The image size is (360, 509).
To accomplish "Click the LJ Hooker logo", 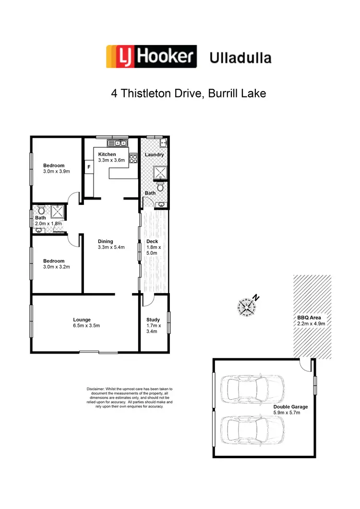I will click(x=151, y=57).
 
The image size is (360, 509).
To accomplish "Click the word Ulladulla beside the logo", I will click(x=240, y=59).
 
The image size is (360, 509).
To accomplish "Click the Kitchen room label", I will click(x=107, y=154).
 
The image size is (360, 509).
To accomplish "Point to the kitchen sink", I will click(x=118, y=142).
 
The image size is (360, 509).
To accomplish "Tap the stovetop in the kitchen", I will click(x=133, y=158).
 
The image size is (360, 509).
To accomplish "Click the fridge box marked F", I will click(x=88, y=167).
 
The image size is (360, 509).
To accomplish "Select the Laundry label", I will click(x=154, y=154).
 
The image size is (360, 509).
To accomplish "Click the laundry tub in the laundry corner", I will click(x=163, y=143).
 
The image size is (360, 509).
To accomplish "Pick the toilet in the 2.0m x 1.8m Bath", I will click(x=41, y=211).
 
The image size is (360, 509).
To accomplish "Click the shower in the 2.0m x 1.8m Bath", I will click(x=58, y=212).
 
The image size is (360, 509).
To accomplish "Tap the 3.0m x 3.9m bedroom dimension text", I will click(x=57, y=171).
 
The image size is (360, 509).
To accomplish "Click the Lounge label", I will click(x=82, y=320).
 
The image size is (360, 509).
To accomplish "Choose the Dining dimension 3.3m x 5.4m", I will click(x=111, y=248).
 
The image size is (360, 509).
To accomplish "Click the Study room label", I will click(x=153, y=320).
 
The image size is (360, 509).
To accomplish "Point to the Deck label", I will click(x=152, y=241).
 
